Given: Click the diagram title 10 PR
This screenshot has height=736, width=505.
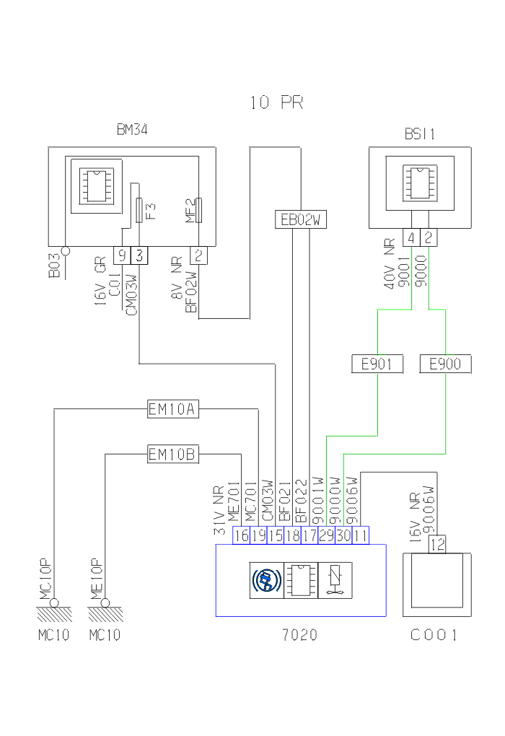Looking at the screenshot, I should [x=277, y=103].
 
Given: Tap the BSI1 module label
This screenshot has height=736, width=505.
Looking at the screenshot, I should [x=419, y=135].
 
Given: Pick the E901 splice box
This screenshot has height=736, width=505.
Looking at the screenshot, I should [x=377, y=364].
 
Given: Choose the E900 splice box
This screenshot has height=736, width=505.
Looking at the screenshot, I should [x=445, y=364].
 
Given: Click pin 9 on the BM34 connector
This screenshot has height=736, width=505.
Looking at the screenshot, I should [x=122, y=255].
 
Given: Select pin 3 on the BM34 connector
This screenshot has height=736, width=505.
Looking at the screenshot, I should [x=139, y=255].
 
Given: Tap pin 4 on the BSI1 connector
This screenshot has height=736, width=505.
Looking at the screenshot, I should [x=411, y=237].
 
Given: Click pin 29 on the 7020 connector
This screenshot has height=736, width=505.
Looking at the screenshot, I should [x=326, y=535].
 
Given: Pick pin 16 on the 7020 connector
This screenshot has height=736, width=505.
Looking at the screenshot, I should [x=241, y=535].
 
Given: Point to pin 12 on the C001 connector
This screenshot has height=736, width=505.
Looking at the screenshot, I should [x=437, y=545].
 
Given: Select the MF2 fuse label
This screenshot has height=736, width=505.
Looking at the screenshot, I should [x=190, y=211].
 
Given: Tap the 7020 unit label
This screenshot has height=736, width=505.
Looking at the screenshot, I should [x=299, y=636].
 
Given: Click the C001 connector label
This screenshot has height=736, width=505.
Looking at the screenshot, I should [x=434, y=636].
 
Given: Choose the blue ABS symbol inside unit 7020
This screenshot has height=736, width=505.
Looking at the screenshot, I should [x=266, y=579].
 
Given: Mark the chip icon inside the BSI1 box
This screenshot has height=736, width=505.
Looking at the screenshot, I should [x=419, y=180].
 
